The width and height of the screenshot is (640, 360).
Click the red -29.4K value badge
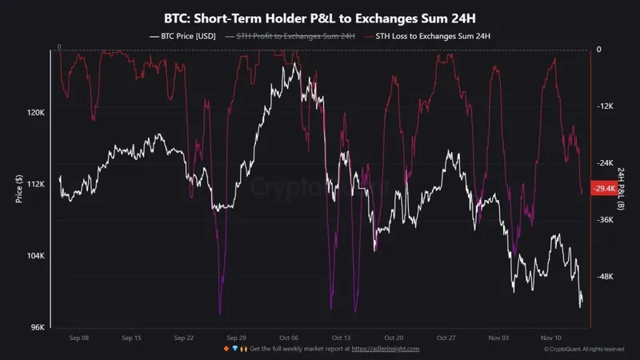point(604,189)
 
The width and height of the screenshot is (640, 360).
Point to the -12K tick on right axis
point(605,106)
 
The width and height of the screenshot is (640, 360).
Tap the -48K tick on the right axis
point(605,277)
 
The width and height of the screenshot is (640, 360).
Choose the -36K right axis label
point(605,220)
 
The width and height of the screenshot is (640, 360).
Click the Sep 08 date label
point(79,338)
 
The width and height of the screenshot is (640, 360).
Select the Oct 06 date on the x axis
point(289,338)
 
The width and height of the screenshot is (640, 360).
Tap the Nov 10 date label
point(551,338)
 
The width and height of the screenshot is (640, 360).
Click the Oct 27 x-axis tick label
point(446,338)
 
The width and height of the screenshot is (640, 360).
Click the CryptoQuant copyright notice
point(583,350)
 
